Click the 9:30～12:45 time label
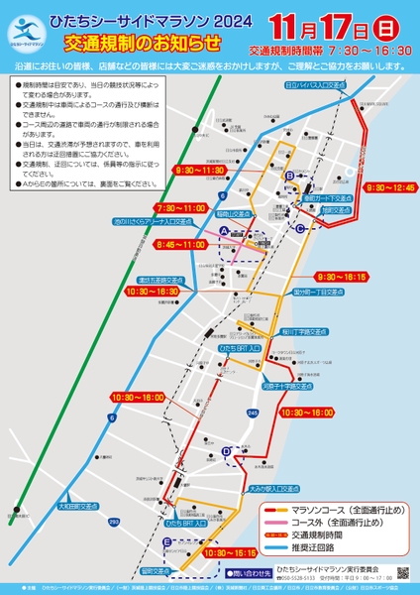coord(390,186)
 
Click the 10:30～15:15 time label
coord(229,551)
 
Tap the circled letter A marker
coord(225,230)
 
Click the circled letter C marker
coord(300,227)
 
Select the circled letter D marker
coord(227,451)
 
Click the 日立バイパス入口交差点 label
coord(315,86)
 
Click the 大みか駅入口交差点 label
coord(273,488)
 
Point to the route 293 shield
coord(113,522)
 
